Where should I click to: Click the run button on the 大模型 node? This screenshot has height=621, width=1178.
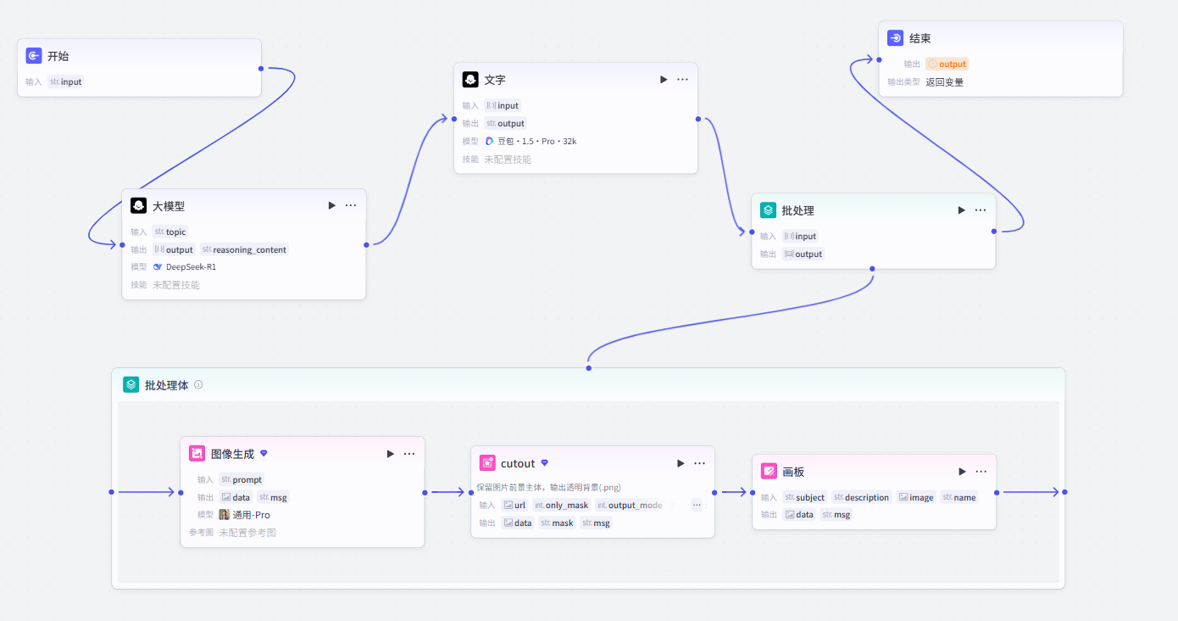[x=332, y=206]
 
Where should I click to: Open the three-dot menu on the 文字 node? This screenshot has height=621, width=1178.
[x=682, y=80]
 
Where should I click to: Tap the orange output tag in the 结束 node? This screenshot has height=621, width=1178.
[x=947, y=64]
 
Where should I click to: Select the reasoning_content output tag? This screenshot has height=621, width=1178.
[x=245, y=249]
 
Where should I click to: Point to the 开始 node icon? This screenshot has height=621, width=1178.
[x=34, y=56]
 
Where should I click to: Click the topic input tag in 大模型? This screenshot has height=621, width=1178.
[x=170, y=232]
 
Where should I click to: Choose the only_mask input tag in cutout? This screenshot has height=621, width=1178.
[x=562, y=506]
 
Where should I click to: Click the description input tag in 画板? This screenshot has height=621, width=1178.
[x=861, y=497]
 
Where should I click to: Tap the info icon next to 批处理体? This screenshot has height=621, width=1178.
[x=198, y=384]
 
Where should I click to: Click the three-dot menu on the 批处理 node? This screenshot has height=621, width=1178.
[x=981, y=210]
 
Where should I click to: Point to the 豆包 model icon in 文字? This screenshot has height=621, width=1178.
[x=489, y=141]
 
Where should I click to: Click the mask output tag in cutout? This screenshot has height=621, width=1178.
[x=557, y=523]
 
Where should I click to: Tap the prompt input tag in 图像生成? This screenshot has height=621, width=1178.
[x=242, y=479]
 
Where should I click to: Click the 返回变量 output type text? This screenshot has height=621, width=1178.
[x=944, y=82]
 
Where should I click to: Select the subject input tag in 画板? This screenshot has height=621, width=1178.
[x=804, y=497]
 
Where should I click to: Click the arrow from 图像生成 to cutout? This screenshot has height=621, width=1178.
[x=447, y=492]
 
